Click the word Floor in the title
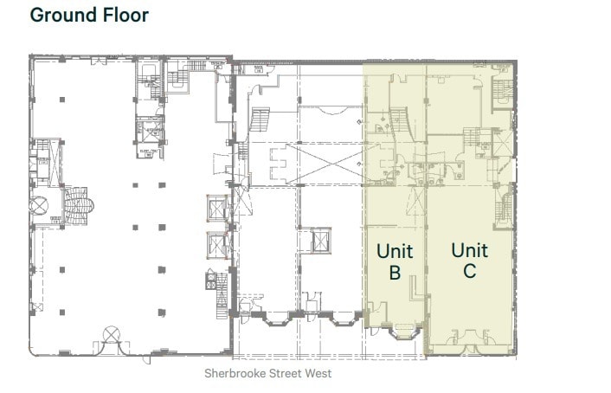tap(124, 16)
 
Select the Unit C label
tap(470, 261)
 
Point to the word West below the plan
tap(316, 374)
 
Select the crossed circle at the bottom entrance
tap(112, 334)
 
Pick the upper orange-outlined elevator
tap(216, 209)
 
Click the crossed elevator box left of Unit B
tap(321, 241)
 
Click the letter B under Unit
tap(394, 272)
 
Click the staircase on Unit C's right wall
tap(503, 208)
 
